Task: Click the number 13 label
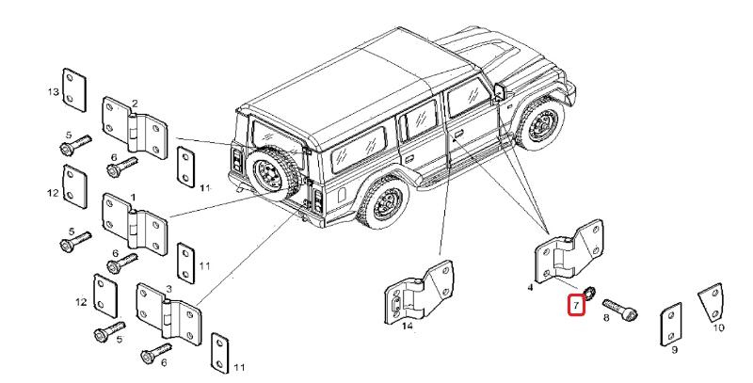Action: (x=54, y=91)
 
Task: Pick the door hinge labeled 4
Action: (x=569, y=249)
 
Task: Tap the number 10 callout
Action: (x=718, y=328)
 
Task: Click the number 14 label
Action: (x=408, y=327)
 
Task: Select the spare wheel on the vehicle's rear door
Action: (x=268, y=170)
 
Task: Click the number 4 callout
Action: (x=531, y=286)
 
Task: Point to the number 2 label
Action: (x=135, y=103)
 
